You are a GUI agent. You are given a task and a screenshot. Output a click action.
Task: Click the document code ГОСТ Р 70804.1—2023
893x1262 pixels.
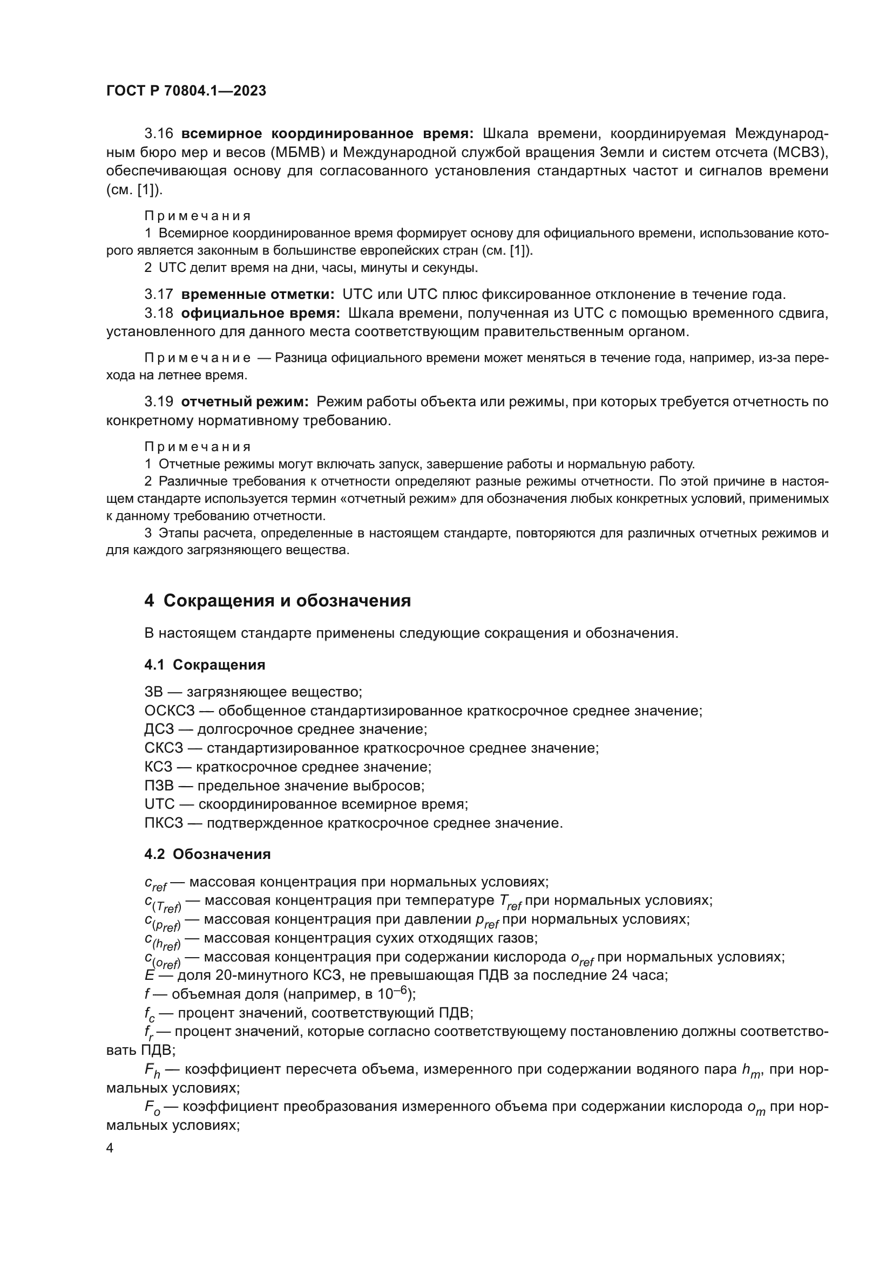click(186, 91)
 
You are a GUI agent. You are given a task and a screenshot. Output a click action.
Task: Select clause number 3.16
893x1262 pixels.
click(159, 134)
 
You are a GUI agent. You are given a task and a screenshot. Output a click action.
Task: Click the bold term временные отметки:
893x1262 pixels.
click(258, 295)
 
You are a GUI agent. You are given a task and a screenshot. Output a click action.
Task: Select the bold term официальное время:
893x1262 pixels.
click(260, 313)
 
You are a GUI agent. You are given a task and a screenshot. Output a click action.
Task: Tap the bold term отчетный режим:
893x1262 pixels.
click(245, 402)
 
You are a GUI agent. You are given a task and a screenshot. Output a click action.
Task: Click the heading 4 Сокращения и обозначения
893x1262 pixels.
click(277, 601)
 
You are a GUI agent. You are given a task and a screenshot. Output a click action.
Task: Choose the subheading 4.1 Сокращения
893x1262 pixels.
click(205, 665)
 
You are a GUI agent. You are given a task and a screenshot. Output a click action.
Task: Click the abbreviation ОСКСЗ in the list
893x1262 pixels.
click(170, 711)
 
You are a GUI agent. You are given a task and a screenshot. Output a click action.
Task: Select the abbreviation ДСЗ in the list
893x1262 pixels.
click(159, 729)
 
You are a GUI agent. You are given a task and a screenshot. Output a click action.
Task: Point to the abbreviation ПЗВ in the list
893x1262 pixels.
click(159, 786)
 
